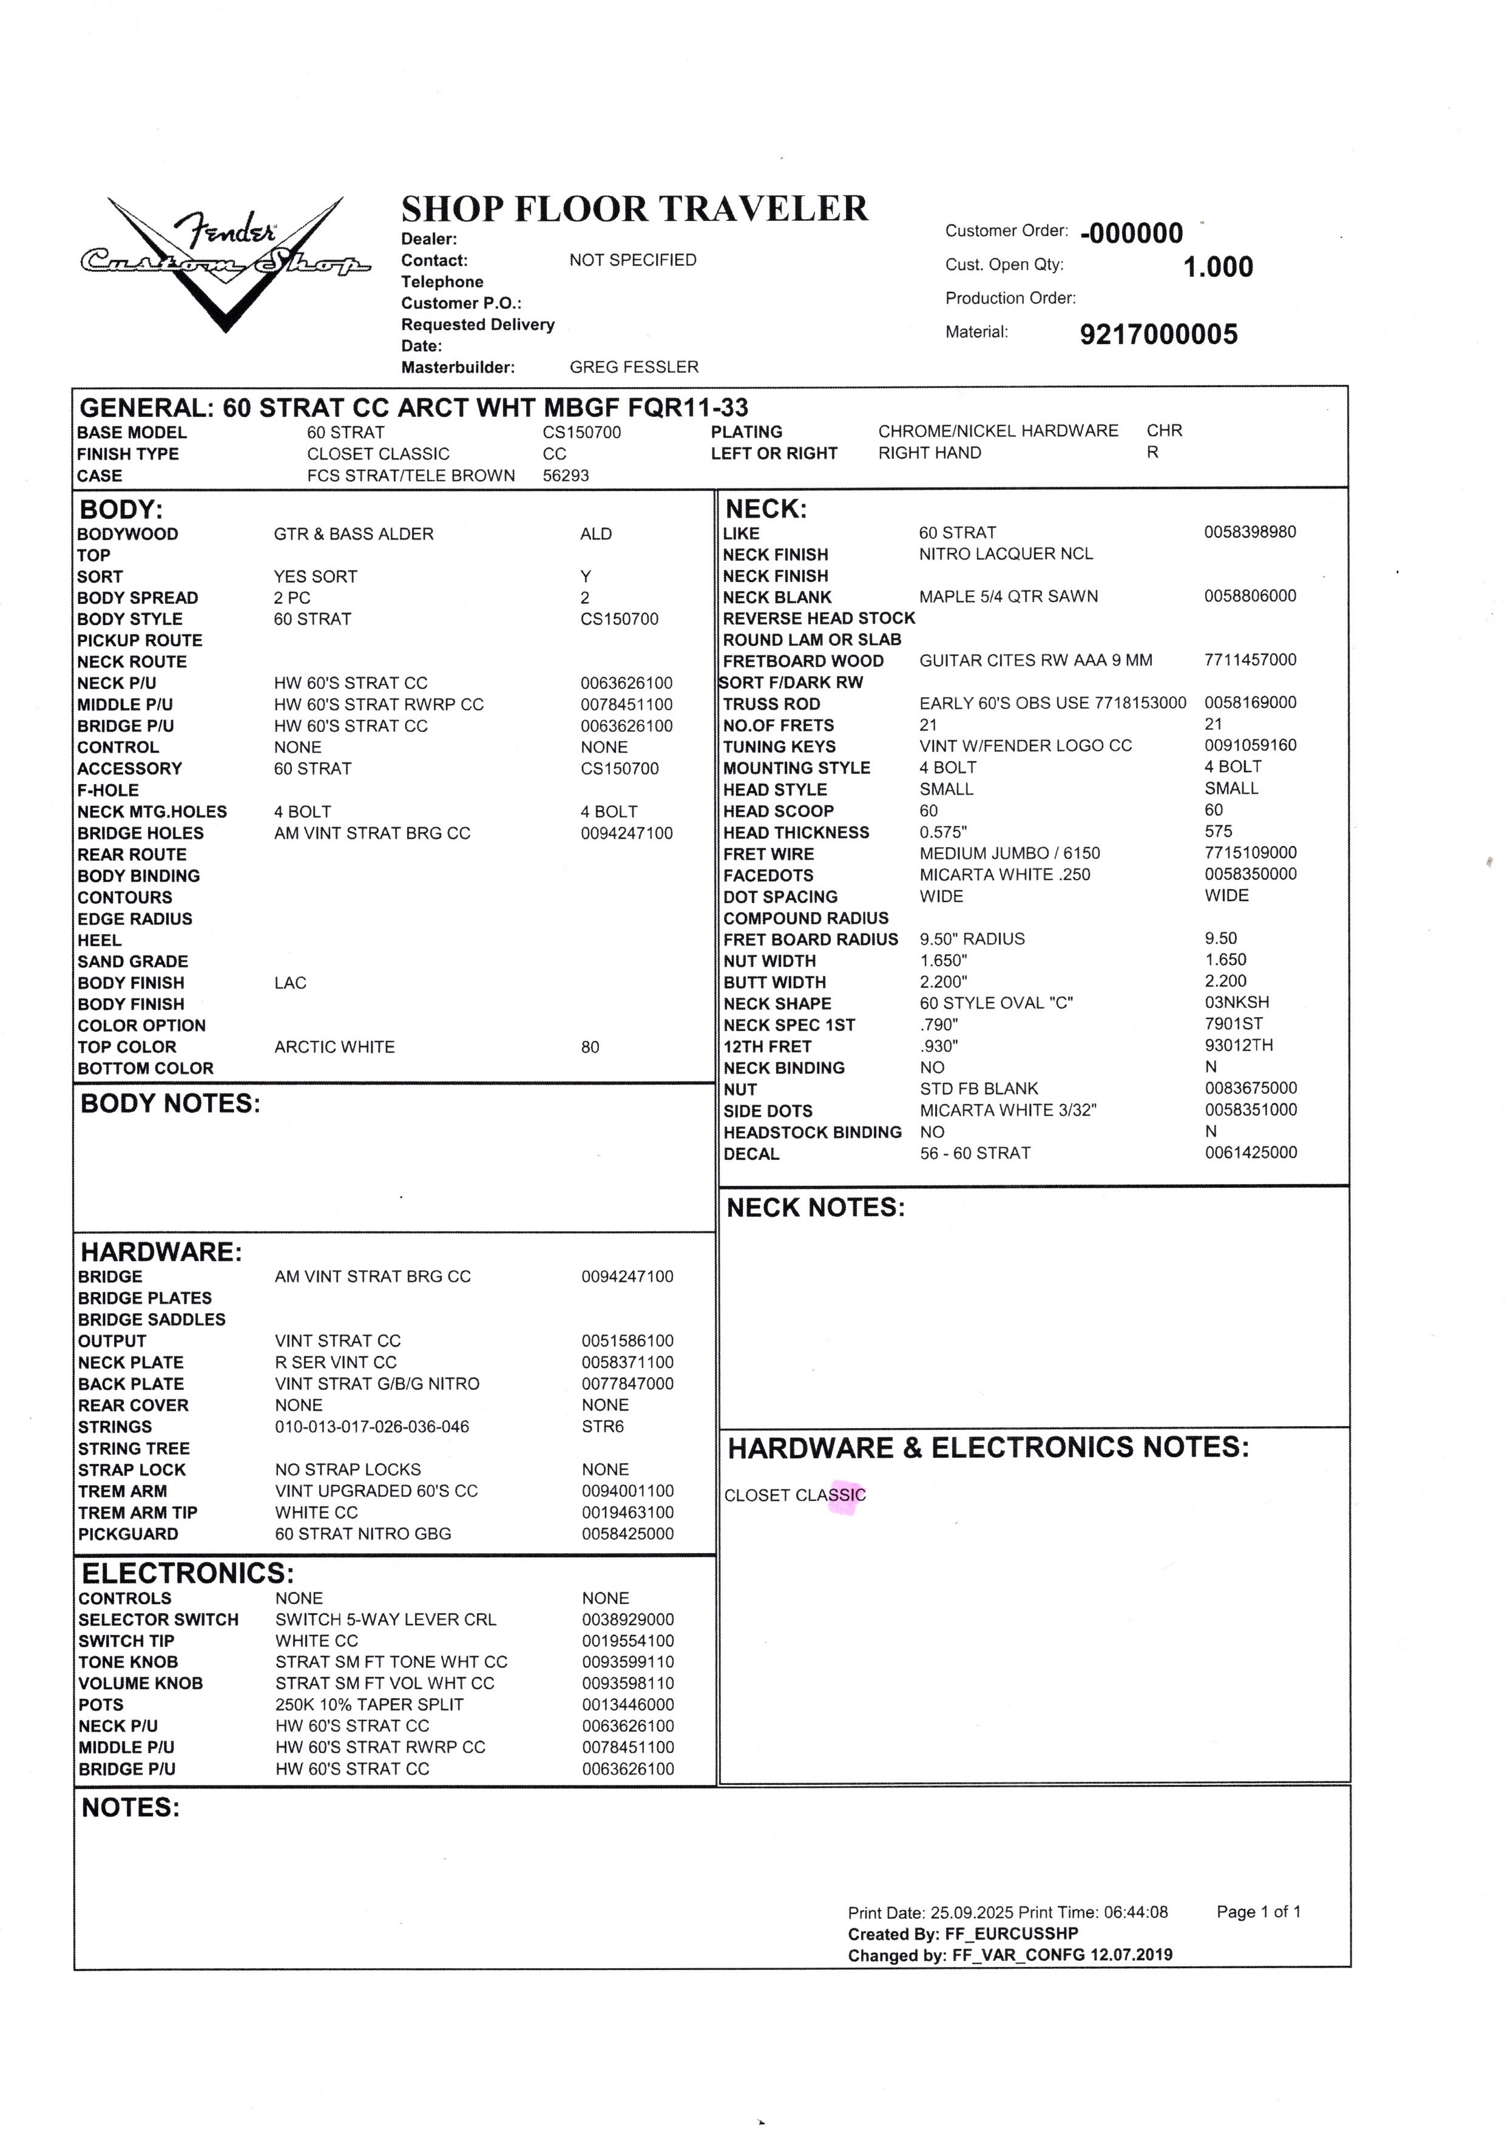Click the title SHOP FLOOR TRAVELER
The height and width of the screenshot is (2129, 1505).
634,209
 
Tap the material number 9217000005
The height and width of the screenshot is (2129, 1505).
1158,334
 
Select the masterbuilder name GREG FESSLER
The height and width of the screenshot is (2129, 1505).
634,367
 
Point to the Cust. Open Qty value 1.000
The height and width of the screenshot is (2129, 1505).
1217,267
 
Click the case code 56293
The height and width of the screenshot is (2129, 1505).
566,476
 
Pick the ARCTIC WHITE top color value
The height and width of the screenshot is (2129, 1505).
334,1047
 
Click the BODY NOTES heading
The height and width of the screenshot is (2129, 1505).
171,1103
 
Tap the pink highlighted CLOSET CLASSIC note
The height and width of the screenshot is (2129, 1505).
795,1495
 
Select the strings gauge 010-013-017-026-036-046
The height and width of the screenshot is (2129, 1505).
372,1426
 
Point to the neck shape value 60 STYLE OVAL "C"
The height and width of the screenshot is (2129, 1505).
996,1003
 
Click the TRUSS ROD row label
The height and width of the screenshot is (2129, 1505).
771,704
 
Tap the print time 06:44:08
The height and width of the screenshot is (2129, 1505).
1136,1912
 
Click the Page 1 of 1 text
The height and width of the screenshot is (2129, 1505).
1259,1911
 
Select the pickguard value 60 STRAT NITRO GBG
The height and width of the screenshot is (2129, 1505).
362,1534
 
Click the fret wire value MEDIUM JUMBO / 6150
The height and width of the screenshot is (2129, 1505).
1010,853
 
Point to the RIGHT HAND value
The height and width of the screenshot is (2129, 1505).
929,453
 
